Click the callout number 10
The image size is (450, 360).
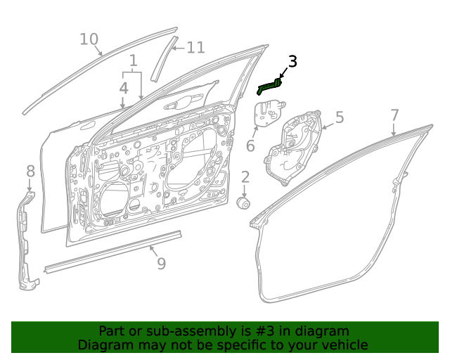pos(89,39)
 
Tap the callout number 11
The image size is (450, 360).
pos(195,48)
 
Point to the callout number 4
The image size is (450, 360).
pos(123,88)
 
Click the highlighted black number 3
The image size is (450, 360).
pos(292,62)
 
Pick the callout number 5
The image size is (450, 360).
pos(339,117)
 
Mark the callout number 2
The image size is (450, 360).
pos(245,176)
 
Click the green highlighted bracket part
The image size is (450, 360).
pos(269,87)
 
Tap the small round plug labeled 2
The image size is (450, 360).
pos(245,202)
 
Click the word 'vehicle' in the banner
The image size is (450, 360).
pos(343,345)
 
